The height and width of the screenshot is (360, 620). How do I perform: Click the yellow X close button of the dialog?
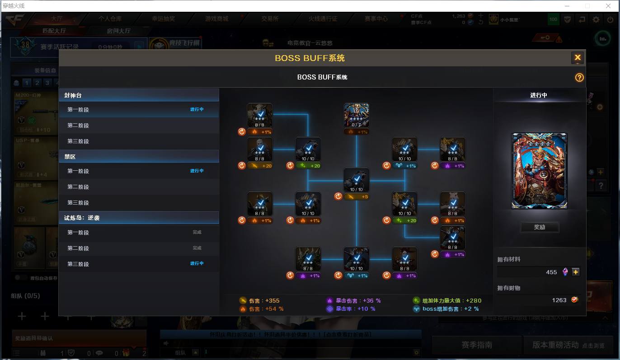[578, 58]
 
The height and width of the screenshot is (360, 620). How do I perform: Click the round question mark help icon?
[579, 78]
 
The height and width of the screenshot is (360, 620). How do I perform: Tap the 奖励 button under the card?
[540, 227]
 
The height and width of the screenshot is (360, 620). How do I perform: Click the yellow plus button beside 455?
[576, 272]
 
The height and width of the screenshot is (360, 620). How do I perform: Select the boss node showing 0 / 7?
[356, 116]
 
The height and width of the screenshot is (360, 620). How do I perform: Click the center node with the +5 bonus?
[356, 181]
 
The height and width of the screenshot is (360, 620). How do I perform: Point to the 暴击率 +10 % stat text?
[355, 309]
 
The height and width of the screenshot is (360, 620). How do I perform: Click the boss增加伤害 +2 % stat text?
[450, 309]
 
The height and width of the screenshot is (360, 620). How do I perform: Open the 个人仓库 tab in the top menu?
[110, 19]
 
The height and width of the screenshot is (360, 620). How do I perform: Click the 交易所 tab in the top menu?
[270, 19]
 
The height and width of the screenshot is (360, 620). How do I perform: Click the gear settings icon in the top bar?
[596, 19]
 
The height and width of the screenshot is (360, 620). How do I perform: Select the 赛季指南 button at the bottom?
[476, 345]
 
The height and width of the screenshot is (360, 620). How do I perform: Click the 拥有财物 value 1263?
[559, 300]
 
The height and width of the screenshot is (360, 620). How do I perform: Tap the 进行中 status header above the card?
[539, 95]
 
